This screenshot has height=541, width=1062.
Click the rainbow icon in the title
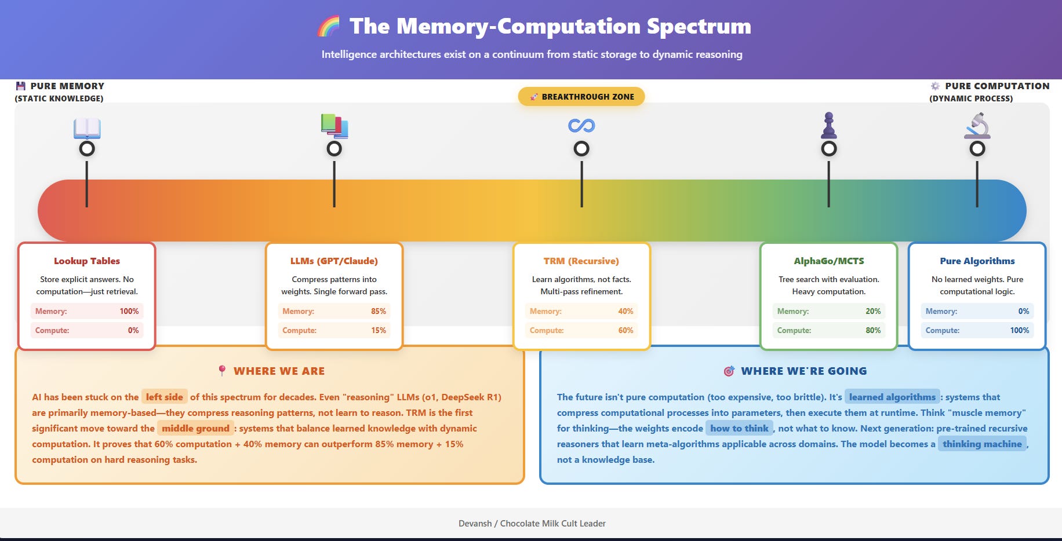[x=329, y=27]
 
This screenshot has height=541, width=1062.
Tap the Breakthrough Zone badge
[x=581, y=97]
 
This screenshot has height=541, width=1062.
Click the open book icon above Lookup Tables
[x=87, y=128]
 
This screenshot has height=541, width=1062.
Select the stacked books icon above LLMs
[x=334, y=126]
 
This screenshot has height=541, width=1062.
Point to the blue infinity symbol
[x=581, y=125]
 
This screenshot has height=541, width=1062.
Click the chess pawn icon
[x=829, y=125]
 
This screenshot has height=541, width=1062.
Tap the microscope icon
[x=977, y=126]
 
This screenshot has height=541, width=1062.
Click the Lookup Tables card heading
[x=87, y=261]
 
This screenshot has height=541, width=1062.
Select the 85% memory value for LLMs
[x=379, y=311]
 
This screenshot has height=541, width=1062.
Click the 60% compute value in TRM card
[x=625, y=330]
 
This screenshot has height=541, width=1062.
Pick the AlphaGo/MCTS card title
[x=829, y=261]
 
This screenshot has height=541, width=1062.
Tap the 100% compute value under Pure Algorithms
[x=1019, y=330]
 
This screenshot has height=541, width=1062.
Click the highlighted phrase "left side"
[x=165, y=397]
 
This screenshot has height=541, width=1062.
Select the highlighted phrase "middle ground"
[x=195, y=428]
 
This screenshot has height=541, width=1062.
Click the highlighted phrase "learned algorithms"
[x=892, y=397]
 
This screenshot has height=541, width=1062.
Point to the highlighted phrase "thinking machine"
[x=982, y=444]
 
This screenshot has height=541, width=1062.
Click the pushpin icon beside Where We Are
[x=222, y=371]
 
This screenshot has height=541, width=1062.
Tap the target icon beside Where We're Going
[x=729, y=371]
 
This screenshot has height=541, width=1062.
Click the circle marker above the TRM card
[x=581, y=149]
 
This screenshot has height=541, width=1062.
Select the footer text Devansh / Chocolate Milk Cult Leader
[x=532, y=524]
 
